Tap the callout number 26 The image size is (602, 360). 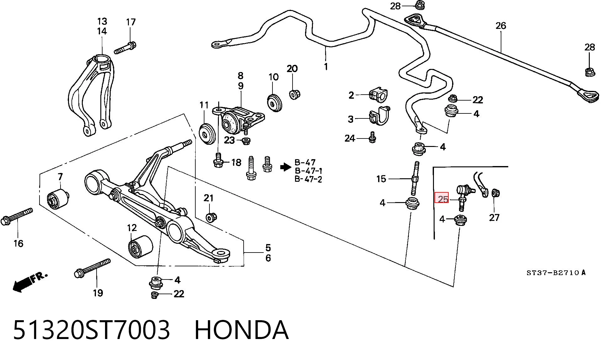[x=501, y=26]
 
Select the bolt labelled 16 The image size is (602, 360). [x=17, y=217]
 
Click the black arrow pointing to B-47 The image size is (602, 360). [x=285, y=167]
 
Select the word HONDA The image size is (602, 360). [x=241, y=330]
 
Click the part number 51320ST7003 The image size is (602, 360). [x=92, y=330]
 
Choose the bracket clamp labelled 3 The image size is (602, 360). [x=379, y=116]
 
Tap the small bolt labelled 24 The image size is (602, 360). [x=372, y=138]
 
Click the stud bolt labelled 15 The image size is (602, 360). [x=415, y=179]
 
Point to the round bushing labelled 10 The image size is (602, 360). [x=275, y=102]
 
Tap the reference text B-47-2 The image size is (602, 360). [x=308, y=179]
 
